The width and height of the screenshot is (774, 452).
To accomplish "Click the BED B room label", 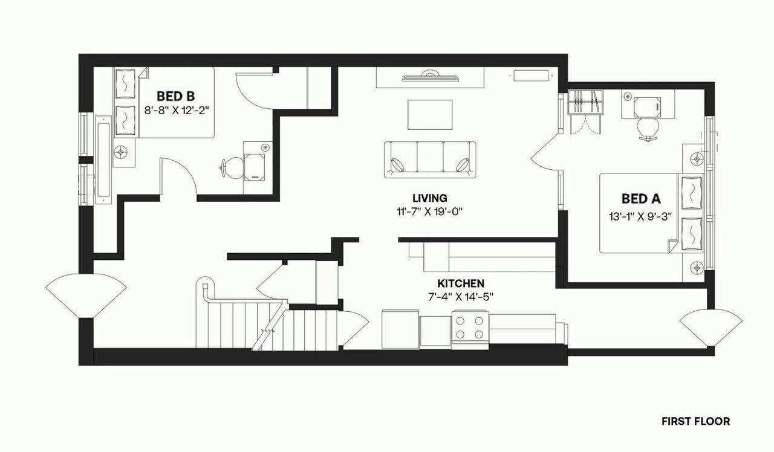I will pyautogui.click(x=175, y=95).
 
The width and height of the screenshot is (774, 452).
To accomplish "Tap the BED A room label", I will pyautogui.click(x=641, y=198).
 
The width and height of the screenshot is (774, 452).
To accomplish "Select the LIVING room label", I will pyautogui.click(x=429, y=198).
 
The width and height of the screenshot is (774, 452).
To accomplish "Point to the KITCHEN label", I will pyautogui.click(x=461, y=283).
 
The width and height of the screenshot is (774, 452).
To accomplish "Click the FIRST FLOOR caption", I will pyautogui.click(x=695, y=421).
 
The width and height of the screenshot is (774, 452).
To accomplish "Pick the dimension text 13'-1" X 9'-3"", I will pyautogui.click(x=642, y=216).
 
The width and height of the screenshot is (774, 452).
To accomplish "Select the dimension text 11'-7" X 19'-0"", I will pyautogui.click(x=430, y=211).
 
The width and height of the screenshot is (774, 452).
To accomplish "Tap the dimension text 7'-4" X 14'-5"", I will pyautogui.click(x=461, y=297).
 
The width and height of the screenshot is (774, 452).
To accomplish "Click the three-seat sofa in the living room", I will pyautogui.click(x=430, y=160).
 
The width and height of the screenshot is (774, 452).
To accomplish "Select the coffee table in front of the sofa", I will pyautogui.click(x=430, y=115).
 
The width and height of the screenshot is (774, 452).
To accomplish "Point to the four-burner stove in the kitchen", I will pyautogui.click(x=470, y=327).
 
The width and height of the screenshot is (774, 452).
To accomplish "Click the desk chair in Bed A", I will pyautogui.click(x=648, y=129).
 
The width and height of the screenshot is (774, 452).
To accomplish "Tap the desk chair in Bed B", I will pyautogui.click(x=230, y=167).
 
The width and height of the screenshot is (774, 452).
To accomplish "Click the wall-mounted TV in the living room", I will pyautogui.click(x=430, y=76).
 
